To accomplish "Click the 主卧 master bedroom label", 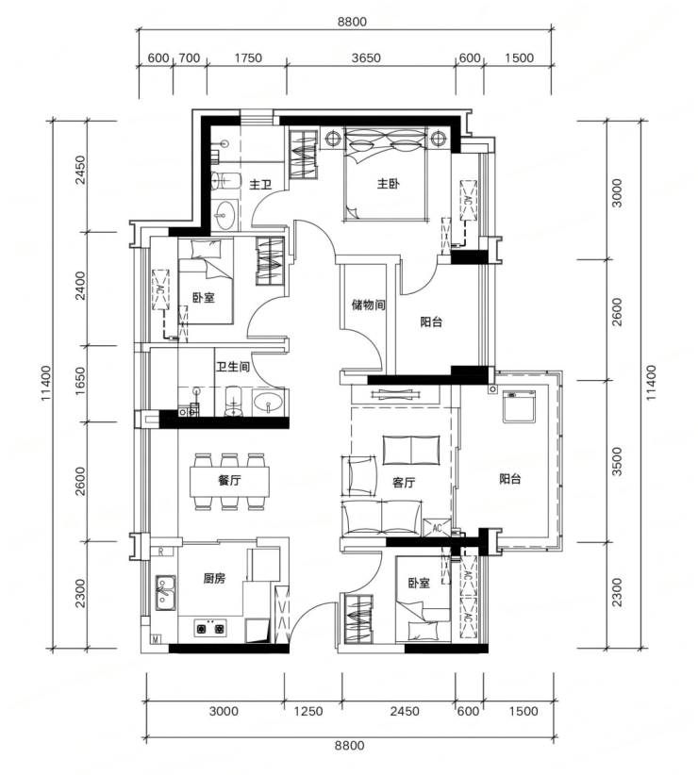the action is point(388,185).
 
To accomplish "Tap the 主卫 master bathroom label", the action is point(260,185).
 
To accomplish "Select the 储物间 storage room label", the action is point(368,305).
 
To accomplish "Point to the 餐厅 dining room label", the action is point(229,480).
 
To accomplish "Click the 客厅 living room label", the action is point(404,483).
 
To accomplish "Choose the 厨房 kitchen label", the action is point(214,578).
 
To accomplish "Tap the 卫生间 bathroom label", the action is point(232,367).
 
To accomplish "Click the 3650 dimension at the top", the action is point(366,58).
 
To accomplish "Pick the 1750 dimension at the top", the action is point(248,58).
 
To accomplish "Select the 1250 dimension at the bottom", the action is point(308,711).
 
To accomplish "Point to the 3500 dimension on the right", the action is point(617,462).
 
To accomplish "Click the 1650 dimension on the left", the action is point(79,382).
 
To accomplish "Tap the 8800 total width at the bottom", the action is point(350,745).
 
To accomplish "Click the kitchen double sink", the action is point(166,592).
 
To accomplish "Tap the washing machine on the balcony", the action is point(519,406).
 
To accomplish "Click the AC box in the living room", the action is point(437,527).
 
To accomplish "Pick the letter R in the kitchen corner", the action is point(161,552).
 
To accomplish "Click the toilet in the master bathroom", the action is point(225,180).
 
